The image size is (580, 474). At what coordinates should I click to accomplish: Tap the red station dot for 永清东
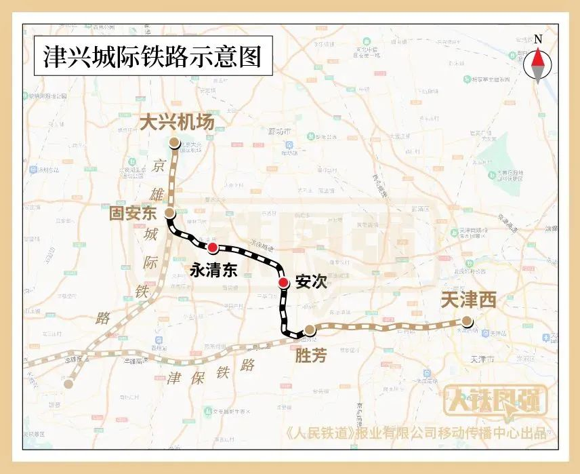click(x=213, y=248)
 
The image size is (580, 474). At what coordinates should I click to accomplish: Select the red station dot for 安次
click(x=284, y=283)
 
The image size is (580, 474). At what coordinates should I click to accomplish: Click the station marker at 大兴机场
click(x=175, y=143)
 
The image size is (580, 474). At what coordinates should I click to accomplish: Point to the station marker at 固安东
click(x=170, y=213)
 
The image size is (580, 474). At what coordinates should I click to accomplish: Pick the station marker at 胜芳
click(x=310, y=330)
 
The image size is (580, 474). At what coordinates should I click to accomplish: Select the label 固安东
click(x=133, y=214)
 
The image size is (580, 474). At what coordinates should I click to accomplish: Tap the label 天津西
click(x=468, y=300)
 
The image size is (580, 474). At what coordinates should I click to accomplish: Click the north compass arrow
click(x=538, y=66)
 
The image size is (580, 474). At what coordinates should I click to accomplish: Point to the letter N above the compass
click(x=538, y=39)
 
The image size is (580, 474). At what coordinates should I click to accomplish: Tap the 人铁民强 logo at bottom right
click(x=495, y=401)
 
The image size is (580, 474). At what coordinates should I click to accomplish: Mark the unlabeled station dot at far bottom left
click(x=68, y=384)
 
